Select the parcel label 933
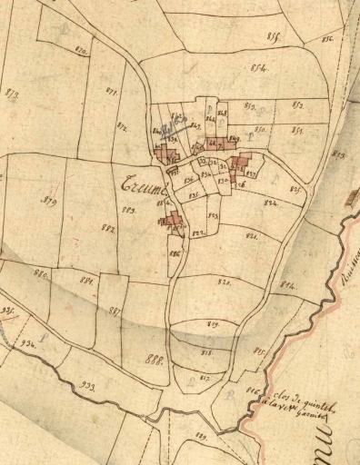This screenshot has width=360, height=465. click(88, 386)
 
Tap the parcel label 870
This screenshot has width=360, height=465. click(81, 52)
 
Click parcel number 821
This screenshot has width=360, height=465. click(252, 235)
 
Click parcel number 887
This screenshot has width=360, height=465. click(115, 311)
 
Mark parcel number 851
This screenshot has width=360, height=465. click(296, 130)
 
